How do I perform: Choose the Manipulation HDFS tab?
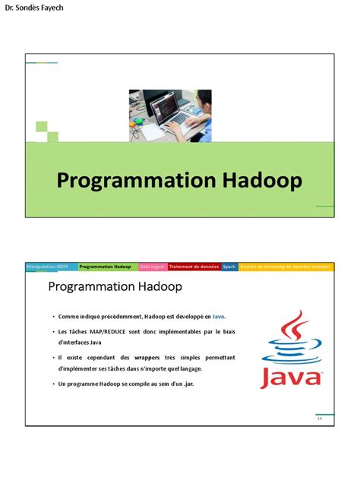51,267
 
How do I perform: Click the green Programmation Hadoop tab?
106,267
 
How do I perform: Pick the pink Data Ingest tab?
152,267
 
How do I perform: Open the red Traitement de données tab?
194,267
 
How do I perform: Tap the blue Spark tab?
229,267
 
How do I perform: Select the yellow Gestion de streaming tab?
286,267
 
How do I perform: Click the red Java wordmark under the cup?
291,377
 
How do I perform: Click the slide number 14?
320,418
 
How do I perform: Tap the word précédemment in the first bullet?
124,315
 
